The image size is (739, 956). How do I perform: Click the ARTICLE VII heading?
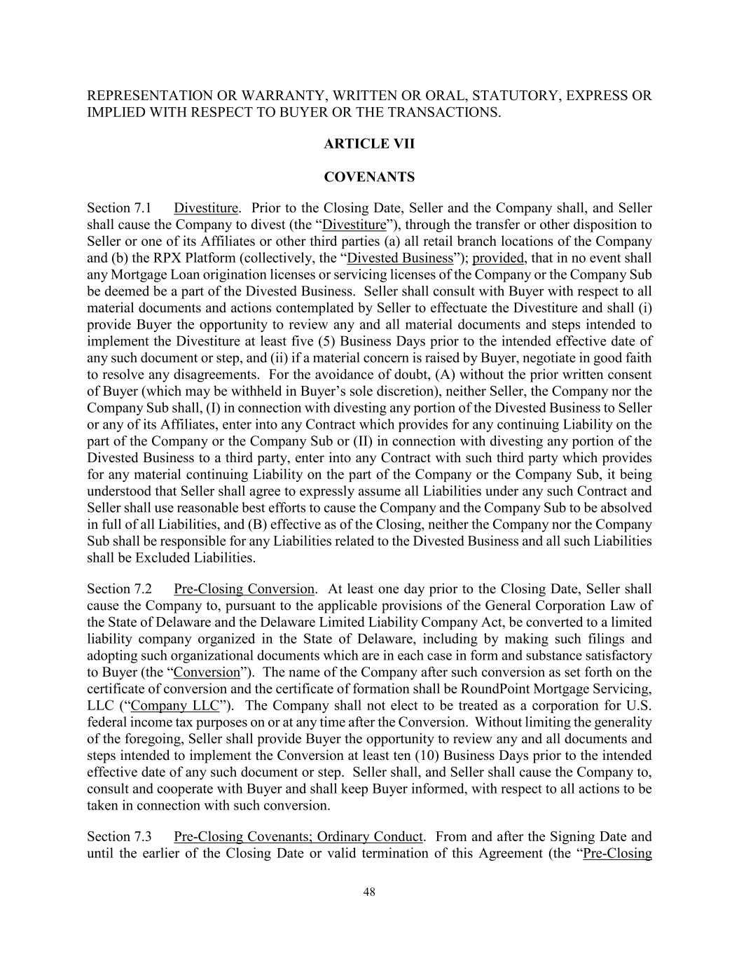tap(369, 144)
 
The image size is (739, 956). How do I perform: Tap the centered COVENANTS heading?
tap(369, 177)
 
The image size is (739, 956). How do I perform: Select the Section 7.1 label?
tap(120, 208)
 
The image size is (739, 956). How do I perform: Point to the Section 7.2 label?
tap(120, 589)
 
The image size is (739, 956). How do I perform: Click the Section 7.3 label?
tap(120, 837)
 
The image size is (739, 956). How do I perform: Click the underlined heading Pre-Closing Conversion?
tap(244, 589)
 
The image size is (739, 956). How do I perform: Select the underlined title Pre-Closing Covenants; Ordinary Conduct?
tap(298, 837)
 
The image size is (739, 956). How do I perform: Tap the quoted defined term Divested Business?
tap(400, 258)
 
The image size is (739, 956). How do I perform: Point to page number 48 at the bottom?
tap(369, 892)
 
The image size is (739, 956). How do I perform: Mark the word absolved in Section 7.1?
tap(626, 508)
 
